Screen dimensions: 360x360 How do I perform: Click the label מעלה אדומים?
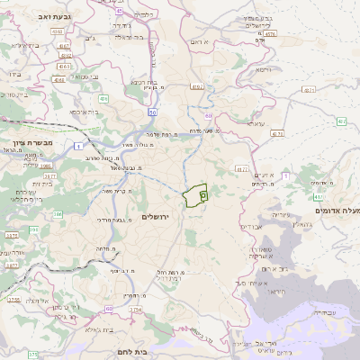[x=337, y=210]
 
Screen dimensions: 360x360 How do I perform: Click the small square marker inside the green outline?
[x=203, y=194]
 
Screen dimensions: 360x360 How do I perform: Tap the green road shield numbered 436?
[x=103, y=99]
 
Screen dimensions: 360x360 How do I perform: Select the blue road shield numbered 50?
[x=154, y=112]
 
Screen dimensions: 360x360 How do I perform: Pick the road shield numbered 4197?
[x=197, y=87]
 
